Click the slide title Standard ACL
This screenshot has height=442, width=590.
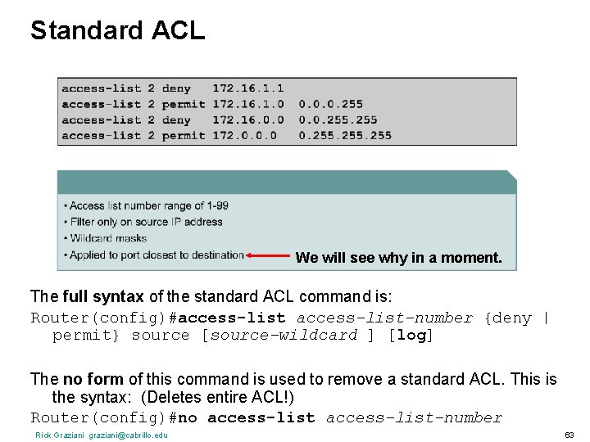(117, 30)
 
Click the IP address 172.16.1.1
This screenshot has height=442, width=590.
(247, 88)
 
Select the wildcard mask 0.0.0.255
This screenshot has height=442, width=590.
(330, 104)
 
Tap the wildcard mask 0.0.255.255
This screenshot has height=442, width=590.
(338, 120)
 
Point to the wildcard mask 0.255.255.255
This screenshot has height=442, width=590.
(345, 136)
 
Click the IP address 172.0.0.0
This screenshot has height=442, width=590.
(243, 136)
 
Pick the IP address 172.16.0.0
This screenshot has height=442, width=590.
(247, 120)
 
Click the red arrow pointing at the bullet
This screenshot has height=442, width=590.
(268, 256)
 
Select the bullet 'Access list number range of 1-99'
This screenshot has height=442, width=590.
(148, 205)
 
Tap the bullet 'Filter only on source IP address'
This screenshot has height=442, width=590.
(146, 222)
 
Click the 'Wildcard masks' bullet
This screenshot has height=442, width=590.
(107, 238)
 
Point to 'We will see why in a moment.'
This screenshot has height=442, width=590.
(398, 258)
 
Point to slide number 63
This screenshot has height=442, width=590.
(569, 435)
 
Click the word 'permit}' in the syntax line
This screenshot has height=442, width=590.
(85, 336)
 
